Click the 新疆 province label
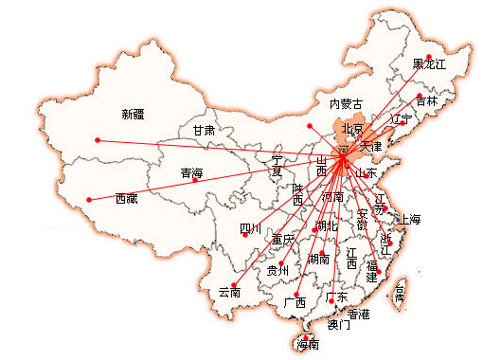pos(134,115)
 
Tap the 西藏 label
pos(127,199)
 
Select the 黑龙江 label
pos(428,64)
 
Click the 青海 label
pos(191,173)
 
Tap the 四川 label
pos(250,228)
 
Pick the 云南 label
pos(229,292)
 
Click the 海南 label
pos(308,345)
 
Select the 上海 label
pos(410,219)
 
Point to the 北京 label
pos(352,129)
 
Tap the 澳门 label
pos(338,325)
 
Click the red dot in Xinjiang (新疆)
pos(97,141)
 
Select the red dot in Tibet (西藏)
pos(88,199)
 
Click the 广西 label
pos(295,302)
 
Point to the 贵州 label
pos(277,271)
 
